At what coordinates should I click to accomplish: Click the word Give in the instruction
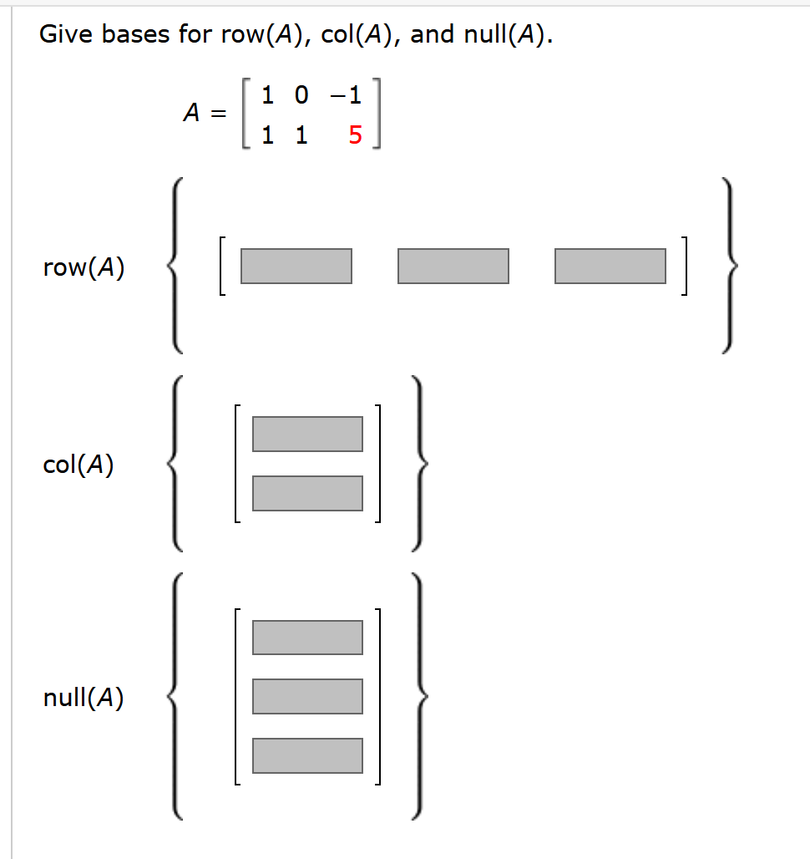tap(67, 35)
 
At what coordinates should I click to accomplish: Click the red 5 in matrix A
tap(355, 135)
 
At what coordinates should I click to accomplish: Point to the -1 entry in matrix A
tap(346, 95)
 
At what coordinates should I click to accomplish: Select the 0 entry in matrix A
tap(301, 95)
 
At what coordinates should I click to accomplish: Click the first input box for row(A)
tap(296, 266)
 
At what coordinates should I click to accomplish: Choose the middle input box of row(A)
tap(453, 266)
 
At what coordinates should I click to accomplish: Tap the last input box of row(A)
tap(610, 266)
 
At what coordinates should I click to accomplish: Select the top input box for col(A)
tap(307, 434)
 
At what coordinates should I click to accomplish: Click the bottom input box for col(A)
tap(307, 493)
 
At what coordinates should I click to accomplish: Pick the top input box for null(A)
tap(307, 637)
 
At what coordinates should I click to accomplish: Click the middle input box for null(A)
tap(307, 696)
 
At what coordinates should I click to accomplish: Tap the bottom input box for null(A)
tap(307, 755)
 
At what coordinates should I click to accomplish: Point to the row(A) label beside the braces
tap(84, 267)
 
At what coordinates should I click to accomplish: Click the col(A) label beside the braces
tap(78, 465)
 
